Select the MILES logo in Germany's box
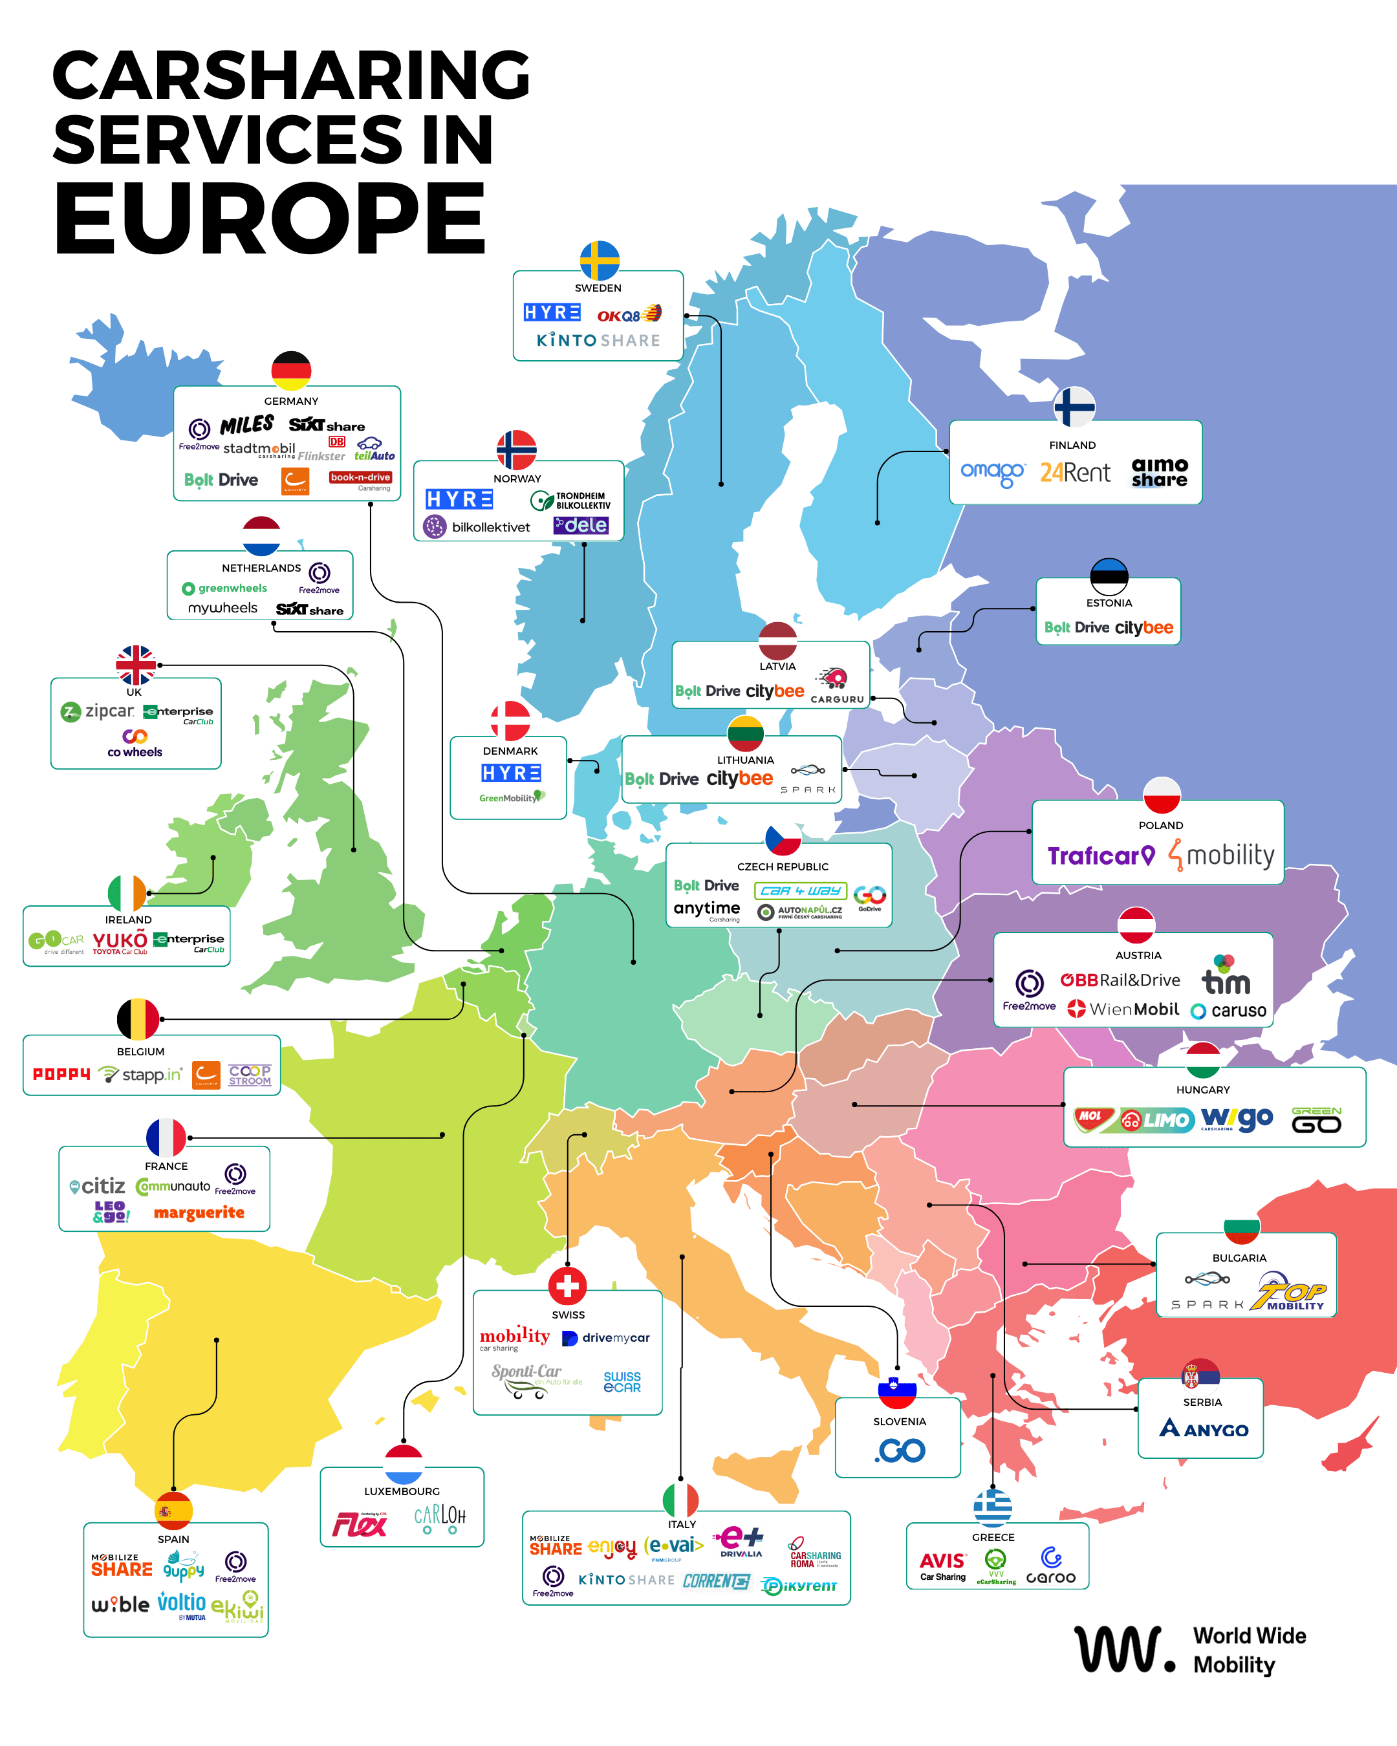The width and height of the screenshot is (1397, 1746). pyautogui.click(x=247, y=425)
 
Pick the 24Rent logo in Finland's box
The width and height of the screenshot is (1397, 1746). pyautogui.click(x=1075, y=472)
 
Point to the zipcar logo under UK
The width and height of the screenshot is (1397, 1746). pyautogui.click(x=98, y=712)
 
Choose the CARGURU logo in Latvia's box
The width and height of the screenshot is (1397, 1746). pyautogui.click(x=836, y=687)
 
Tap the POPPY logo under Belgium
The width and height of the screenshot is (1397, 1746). pyautogui.click(x=61, y=1074)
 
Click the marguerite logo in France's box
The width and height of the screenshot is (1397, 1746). pyautogui.click(x=199, y=1212)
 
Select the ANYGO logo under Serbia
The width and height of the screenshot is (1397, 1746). pyautogui.click(x=1204, y=1428)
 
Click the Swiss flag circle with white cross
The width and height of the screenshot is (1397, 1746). pyautogui.click(x=567, y=1285)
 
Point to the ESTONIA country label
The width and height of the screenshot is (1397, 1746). pyautogui.click(x=1109, y=603)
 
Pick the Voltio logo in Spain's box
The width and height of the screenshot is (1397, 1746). pyautogui.click(x=182, y=1604)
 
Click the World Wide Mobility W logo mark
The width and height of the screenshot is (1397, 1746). pyautogui.click(x=1123, y=1649)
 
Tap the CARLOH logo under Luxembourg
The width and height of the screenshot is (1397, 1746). pyautogui.click(x=440, y=1518)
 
